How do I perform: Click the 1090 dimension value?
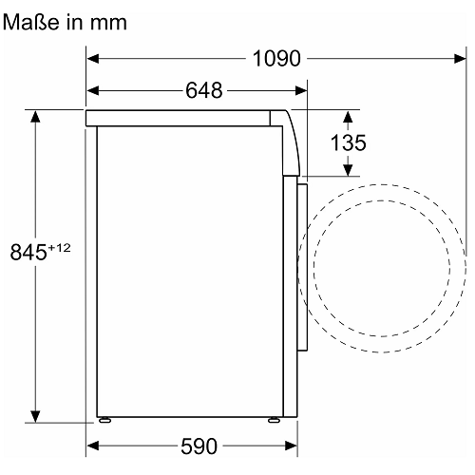276,59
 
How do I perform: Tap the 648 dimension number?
204,90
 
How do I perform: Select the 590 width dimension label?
199,446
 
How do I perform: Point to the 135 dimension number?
348,142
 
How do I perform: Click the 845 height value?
28,252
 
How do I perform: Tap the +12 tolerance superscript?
59,248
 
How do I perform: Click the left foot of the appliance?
104,420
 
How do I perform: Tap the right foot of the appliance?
275,420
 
